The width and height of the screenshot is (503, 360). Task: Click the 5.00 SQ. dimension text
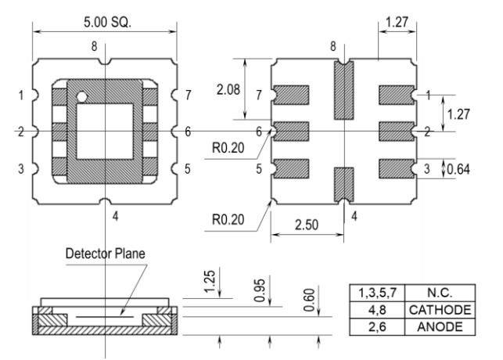(107, 22)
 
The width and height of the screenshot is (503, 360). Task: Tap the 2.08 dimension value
(228, 89)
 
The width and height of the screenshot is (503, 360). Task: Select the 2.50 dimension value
(307, 225)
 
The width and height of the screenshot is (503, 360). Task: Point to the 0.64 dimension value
(458, 169)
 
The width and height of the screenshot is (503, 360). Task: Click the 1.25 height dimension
(210, 282)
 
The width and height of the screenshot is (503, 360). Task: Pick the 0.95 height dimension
(260, 290)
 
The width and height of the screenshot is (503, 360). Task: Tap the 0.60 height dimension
(309, 300)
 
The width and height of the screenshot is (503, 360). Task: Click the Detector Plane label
(106, 254)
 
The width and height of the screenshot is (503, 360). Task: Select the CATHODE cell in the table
(440, 310)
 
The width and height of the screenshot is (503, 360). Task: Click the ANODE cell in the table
(440, 327)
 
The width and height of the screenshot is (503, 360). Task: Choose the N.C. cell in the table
(440, 293)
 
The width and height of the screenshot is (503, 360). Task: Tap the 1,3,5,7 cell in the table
(377, 293)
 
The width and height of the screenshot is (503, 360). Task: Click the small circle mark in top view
(81, 95)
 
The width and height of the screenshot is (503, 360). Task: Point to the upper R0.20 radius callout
(228, 148)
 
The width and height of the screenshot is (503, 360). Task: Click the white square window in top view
(104, 131)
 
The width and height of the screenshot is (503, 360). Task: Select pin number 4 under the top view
(116, 217)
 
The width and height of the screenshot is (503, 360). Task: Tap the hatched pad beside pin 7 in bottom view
(291, 95)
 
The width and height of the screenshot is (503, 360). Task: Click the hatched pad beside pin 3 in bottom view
(397, 169)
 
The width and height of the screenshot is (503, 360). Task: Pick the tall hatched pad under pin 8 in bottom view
(344, 90)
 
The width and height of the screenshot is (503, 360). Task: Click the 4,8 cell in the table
(377, 310)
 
